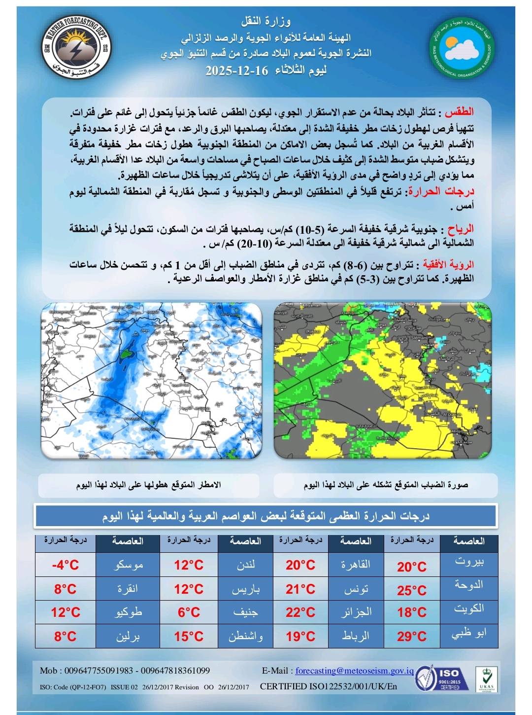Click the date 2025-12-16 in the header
237,71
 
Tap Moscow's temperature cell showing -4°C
66,565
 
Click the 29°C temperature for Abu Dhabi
412,636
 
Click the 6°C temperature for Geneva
189,612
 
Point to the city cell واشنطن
245,636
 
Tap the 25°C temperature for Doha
412,590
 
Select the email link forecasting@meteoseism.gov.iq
355,671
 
